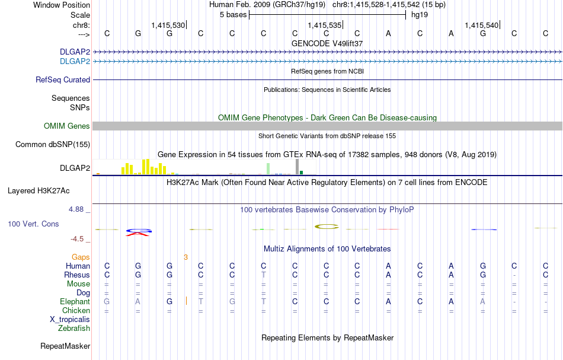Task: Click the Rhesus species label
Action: pyautogui.click(x=77, y=275)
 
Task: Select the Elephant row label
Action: pyautogui.click(x=75, y=301)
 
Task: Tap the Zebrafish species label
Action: pyautogui.click(x=74, y=328)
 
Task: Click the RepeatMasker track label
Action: pyautogui.click(x=65, y=346)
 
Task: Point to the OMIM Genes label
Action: pyautogui.click(x=67, y=126)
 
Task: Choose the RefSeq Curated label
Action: pyautogui.click(x=63, y=79)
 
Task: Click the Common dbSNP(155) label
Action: pyautogui.click(x=53, y=144)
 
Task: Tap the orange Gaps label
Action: pyautogui.click(x=81, y=257)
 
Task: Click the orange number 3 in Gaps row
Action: pyautogui.click(x=185, y=257)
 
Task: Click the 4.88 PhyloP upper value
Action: pyautogui.click(x=77, y=209)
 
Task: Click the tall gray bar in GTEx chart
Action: pyautogui.click(x=297, y=167)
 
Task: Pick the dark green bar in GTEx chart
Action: pyautogui.click(x=301, y=172)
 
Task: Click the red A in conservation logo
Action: pyautogui.click(x=138, y=234)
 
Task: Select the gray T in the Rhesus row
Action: pyautogui.click(x=263, y=275)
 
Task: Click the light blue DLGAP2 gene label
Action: pyautogui.click(x=75, y=61)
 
